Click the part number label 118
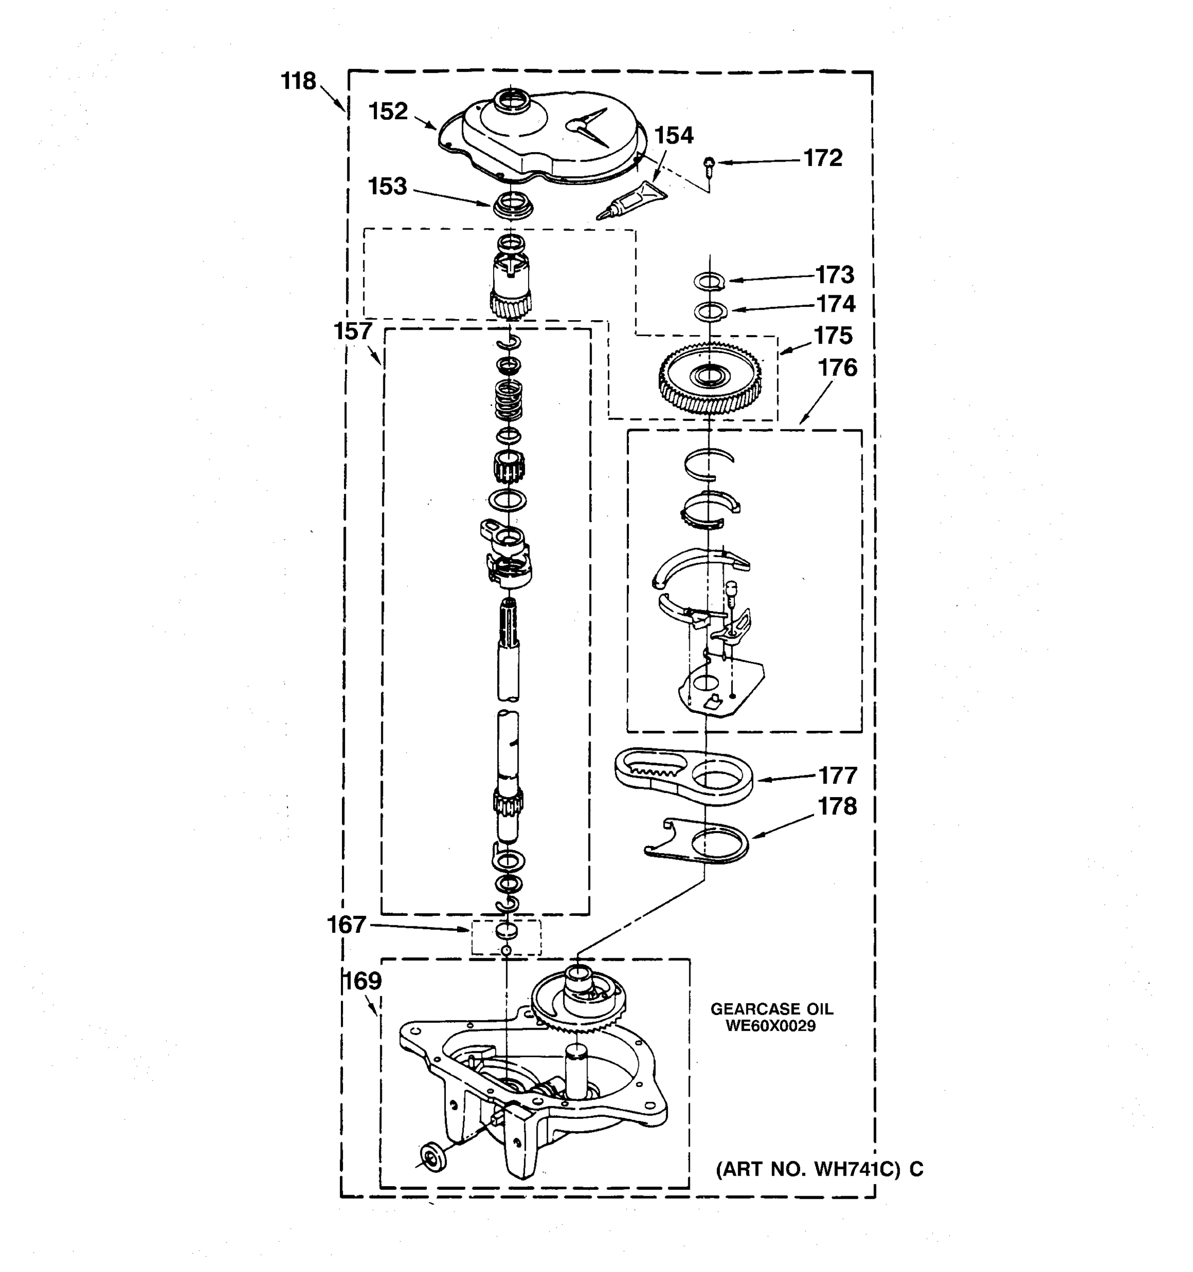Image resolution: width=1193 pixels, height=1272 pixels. (x=298, y=81)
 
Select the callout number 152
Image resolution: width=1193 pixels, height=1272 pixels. (x=388, y=111)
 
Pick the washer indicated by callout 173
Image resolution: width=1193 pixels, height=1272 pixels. (x=709, y=280)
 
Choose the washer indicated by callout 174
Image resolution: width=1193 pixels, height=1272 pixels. (x=710, y=312)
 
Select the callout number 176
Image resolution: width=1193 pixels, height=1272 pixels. (x=837, y=368)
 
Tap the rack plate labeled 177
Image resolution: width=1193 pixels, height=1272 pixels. (x=683, y=775)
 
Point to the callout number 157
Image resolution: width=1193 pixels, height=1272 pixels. (x=352, y=331)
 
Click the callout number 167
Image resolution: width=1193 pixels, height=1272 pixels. (x=346, y=924)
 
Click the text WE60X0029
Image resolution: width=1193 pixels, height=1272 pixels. (x=770, y=1026)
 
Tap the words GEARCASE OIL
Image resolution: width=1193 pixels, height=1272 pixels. (x=772, y=1009)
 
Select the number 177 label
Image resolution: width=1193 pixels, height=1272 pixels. (x=838, y=775)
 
